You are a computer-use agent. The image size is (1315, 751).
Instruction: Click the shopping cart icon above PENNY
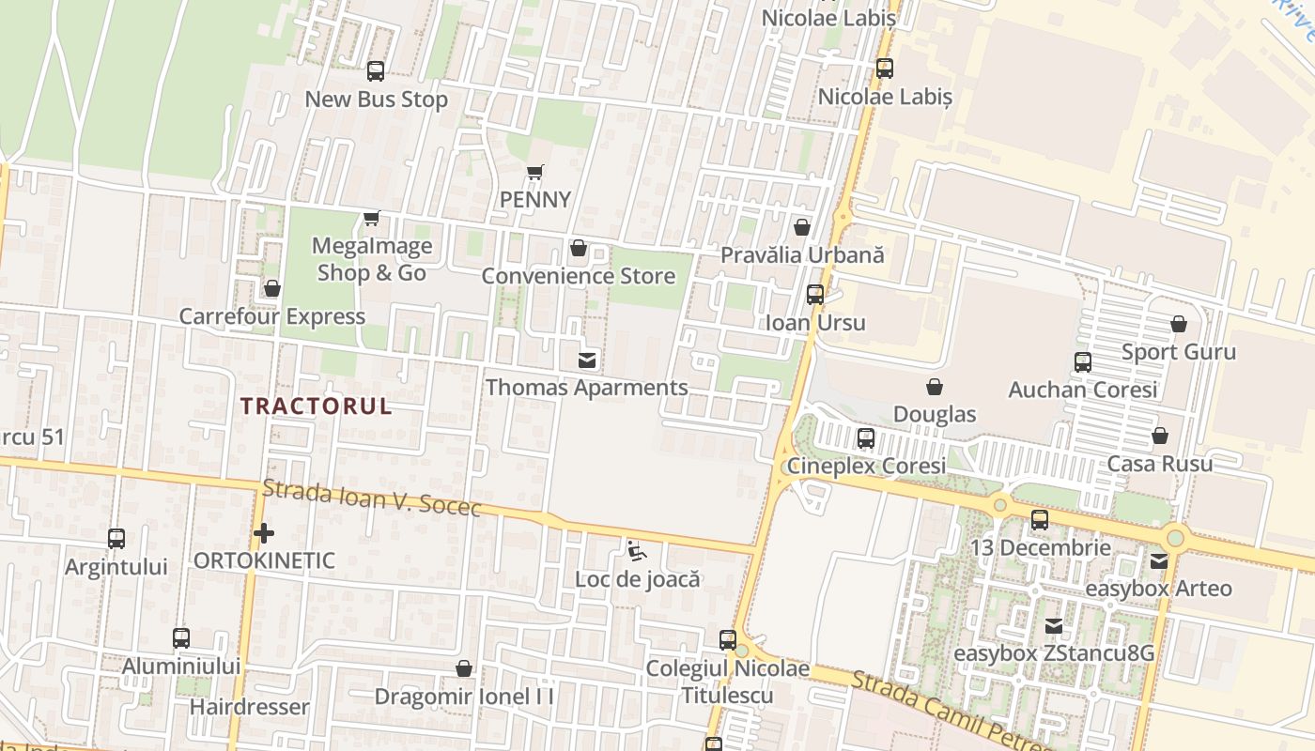tap(534, 172)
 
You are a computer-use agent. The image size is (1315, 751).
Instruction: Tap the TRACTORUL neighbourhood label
tap(316, 406)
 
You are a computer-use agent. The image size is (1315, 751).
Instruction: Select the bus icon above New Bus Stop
tap(376, 70)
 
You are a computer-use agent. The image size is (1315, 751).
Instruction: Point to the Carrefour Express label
tap(271, 316)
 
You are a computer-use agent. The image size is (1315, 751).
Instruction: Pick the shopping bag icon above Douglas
tap(935, 387)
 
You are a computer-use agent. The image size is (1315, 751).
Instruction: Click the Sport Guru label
tap(1179, 352)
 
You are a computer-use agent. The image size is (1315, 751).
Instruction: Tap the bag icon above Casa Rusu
tap(1160, 436)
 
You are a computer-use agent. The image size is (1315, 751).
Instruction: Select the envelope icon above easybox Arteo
tap(1159, 561)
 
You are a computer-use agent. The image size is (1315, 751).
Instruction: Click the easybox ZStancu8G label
tap(1054, 653)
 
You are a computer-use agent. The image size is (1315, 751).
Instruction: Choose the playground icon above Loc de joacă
tap(637, 550)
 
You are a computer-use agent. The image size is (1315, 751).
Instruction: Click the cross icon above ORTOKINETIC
tap(264, 533)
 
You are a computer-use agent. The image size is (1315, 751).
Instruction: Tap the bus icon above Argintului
tap(116, 539)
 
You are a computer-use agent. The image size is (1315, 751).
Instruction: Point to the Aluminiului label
tap(181, 666)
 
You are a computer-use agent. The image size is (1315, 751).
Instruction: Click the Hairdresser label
tap(250, 707)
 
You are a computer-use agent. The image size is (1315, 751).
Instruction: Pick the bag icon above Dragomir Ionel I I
tap(463, 668)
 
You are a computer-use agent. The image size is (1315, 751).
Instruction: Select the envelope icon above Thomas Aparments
tap(587, 360)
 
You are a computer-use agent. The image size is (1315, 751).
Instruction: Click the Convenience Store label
tap(578, 276)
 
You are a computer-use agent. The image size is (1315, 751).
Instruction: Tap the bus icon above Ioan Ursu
tap(815, 294)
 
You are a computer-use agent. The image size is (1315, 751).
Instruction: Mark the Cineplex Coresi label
tap(866, 466)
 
